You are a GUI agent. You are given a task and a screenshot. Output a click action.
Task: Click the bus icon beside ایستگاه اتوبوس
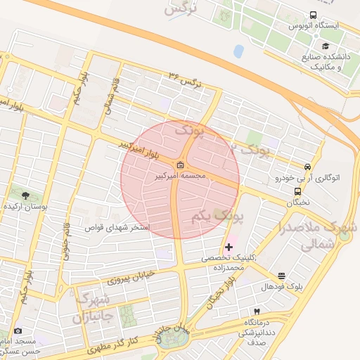point(313,15)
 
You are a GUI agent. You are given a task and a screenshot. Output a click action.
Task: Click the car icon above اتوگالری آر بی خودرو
point(307,167)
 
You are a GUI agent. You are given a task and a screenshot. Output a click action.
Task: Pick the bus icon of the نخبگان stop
point(298,191)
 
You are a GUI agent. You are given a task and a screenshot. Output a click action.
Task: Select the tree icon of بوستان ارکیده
point(26,195)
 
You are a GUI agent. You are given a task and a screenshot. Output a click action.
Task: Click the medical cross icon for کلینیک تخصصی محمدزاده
point(229,247)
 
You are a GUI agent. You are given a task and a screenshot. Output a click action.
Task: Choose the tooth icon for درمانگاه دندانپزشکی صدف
point(257,310)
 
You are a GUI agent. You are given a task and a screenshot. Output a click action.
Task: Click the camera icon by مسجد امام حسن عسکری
point(17,330)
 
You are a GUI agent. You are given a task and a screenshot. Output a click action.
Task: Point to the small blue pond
point(238,51)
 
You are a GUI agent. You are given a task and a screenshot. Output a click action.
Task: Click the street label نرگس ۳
point(185,79)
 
